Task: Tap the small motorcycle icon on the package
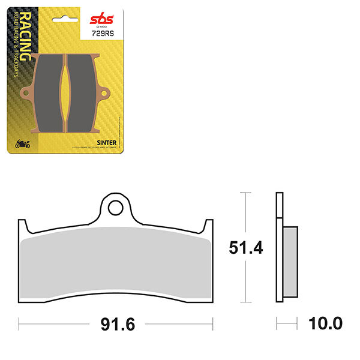click(22, 144)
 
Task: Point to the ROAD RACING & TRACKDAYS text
click(30, 51)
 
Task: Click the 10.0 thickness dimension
click(325, 324)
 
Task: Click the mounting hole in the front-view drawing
click(115, 207)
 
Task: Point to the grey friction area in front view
click(115, 267)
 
